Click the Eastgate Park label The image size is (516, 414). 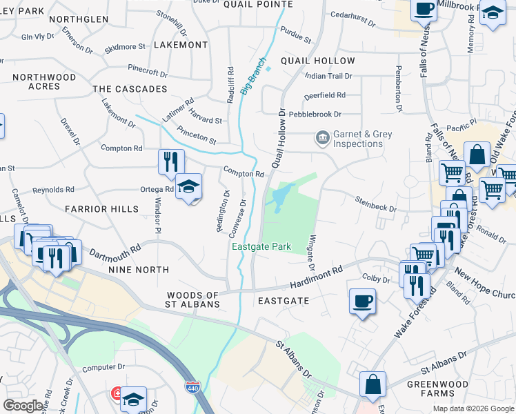pyautogui.click(x=261, y=247)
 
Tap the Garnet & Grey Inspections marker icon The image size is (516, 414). pyautogui.click(x=321, y=139)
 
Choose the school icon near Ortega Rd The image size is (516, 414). pyautogui.click(x=188, y=186)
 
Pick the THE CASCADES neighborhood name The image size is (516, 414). pyautogui.click(x=130, y=89)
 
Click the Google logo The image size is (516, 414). pyautogui.click(x=23, y=406)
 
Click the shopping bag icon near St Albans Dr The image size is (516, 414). pyautogui.click(x=373, y=384)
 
